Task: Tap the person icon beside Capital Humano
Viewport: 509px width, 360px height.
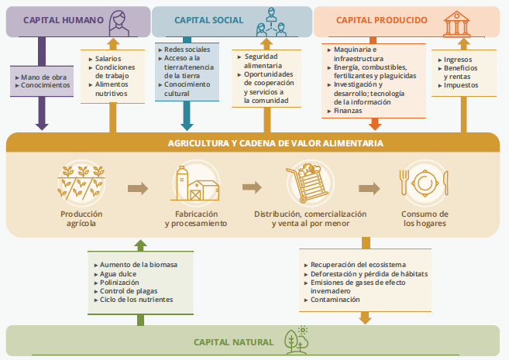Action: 119,21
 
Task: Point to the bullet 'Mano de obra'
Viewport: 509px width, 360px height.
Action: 44,77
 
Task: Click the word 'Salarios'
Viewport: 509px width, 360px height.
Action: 111,59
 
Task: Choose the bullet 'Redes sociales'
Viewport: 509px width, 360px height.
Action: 187,50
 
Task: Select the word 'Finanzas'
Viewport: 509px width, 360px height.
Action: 349,111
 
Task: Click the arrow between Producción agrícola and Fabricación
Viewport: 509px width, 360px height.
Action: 138,187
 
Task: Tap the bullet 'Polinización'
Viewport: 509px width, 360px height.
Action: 120,283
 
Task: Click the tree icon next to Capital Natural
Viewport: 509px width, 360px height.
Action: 294,341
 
